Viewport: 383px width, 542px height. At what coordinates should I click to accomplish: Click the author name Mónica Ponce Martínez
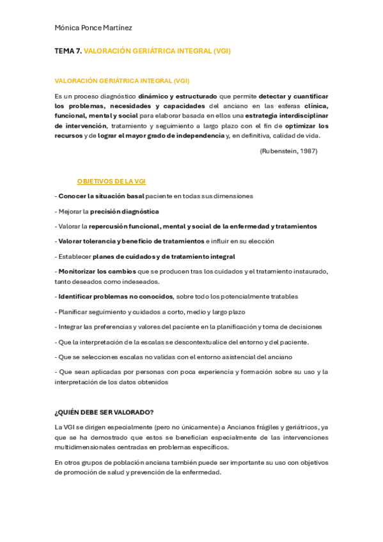(x=93, y=27)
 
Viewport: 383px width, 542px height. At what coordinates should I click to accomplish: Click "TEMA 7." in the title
(x=68, y=51)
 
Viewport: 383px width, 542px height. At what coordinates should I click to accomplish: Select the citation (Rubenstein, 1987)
(x=288, y=151)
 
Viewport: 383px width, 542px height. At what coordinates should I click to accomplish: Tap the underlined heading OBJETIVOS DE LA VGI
(x=111, y=181)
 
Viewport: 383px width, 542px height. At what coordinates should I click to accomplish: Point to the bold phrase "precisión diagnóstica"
(x=124, y=211)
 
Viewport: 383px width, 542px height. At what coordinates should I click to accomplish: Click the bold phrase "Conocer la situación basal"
(x=101, y=196)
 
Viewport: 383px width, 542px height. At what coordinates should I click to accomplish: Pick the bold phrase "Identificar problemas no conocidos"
(x=115, y=297)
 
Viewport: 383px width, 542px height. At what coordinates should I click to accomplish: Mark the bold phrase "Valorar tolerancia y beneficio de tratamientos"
(x=131, y=241)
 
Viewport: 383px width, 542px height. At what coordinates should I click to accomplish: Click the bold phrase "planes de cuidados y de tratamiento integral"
(x=164, y=256)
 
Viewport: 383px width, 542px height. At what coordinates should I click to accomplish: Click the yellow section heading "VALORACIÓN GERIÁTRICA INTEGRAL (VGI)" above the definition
(x=122, y=81)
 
